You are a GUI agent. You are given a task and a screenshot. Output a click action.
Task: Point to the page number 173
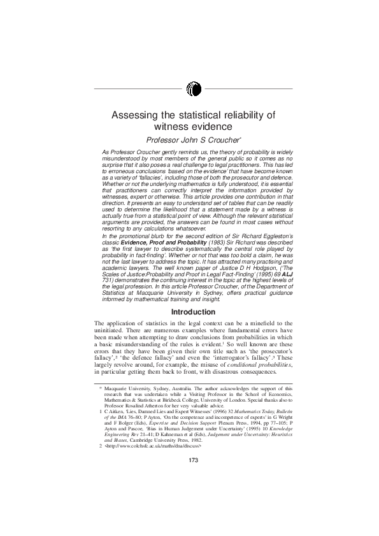(194, 497)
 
